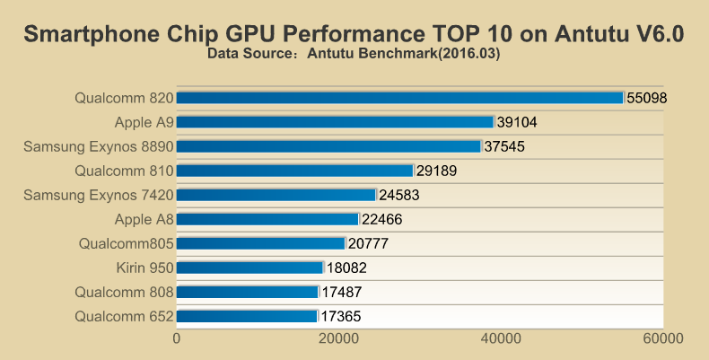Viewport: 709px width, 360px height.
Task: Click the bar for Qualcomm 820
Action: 399,98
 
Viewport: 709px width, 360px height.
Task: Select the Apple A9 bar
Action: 335,122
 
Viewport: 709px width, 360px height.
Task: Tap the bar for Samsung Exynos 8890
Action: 328,146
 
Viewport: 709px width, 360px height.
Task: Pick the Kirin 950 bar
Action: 249,268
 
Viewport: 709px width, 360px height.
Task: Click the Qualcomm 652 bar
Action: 247,316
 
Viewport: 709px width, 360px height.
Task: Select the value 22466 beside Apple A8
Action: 383,219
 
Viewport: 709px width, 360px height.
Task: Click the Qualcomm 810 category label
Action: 124,171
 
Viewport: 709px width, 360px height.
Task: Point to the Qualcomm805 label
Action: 126,243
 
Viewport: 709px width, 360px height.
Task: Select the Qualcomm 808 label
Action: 124,292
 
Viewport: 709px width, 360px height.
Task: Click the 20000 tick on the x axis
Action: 339,338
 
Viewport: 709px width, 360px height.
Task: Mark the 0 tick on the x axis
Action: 177,338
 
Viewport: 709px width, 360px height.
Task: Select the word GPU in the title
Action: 251,34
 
